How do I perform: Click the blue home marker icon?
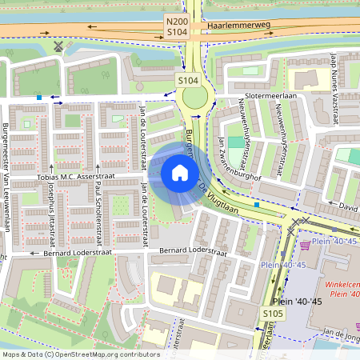pyautogui.click(x=180, y=173)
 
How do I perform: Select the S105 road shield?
pyautogui.click(x=274, y=314)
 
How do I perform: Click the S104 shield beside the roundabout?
pyautogui.click(x=187, y=81)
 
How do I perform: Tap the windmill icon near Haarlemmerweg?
pyautogui.click(x=58, y=46)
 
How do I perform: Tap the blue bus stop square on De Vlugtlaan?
pyautogui.click(x=256, y=205)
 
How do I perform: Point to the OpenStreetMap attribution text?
pyautogui.click(x=80, y=354)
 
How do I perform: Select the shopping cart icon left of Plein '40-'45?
pyautogui.click(x=305, y=245)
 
